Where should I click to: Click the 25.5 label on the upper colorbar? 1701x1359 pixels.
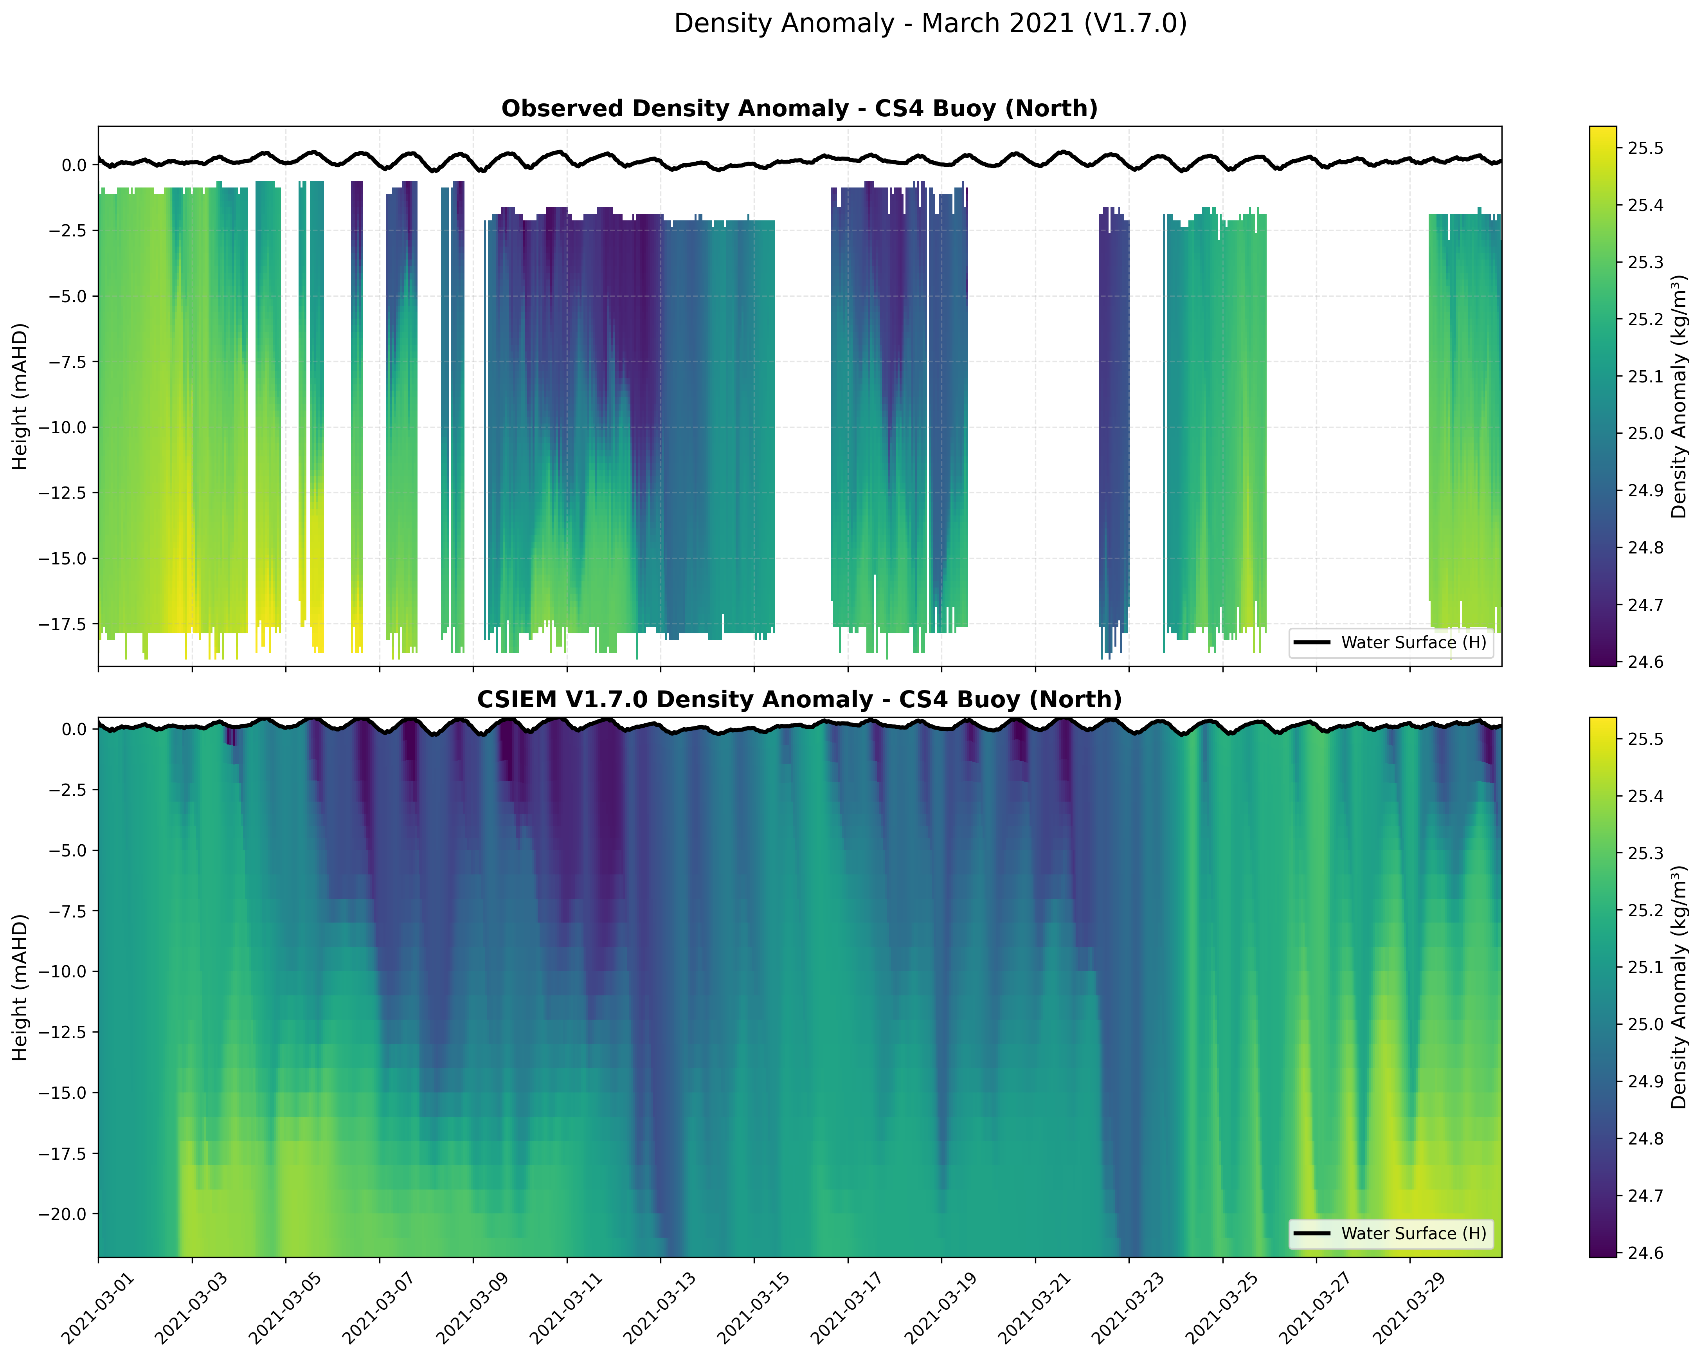coord(1645,148)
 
